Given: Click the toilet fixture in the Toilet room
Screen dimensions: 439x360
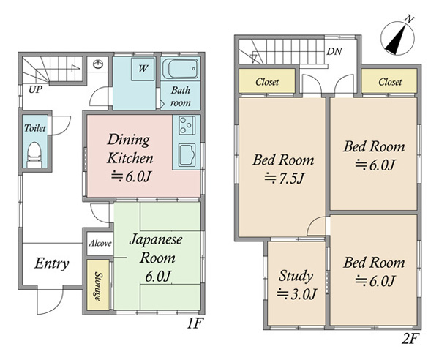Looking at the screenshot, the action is click(34, 155).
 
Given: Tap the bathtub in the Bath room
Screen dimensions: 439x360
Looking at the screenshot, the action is click(180, 69).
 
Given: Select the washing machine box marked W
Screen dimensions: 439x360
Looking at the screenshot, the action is click(143, 69).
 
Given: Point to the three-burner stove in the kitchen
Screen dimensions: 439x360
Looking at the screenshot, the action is click(187, 125).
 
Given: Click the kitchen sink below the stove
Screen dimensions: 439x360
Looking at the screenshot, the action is click(187, 155).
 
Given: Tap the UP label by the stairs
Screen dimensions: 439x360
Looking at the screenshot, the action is click(35, 89).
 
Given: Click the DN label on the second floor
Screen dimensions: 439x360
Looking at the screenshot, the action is click(334, 51).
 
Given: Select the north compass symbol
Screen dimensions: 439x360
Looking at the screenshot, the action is click(397, 37).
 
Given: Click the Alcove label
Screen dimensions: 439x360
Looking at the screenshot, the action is click(100, 244).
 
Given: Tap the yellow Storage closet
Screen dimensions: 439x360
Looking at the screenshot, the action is click(98, 285).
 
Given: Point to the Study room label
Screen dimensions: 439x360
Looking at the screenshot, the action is click(296, 276).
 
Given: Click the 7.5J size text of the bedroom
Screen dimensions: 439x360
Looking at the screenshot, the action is click(285, 178).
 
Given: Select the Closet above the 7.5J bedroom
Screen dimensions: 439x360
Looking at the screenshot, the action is click(267, 81).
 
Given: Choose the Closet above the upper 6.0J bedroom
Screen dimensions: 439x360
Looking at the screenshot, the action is click(389, 81).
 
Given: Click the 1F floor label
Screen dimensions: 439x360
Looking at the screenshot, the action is click(195, 323).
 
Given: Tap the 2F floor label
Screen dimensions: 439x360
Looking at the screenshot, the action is click(410, 340).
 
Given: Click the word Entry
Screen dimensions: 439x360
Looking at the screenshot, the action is click(52, 263).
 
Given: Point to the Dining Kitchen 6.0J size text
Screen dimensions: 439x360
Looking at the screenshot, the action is click(132, 176).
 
